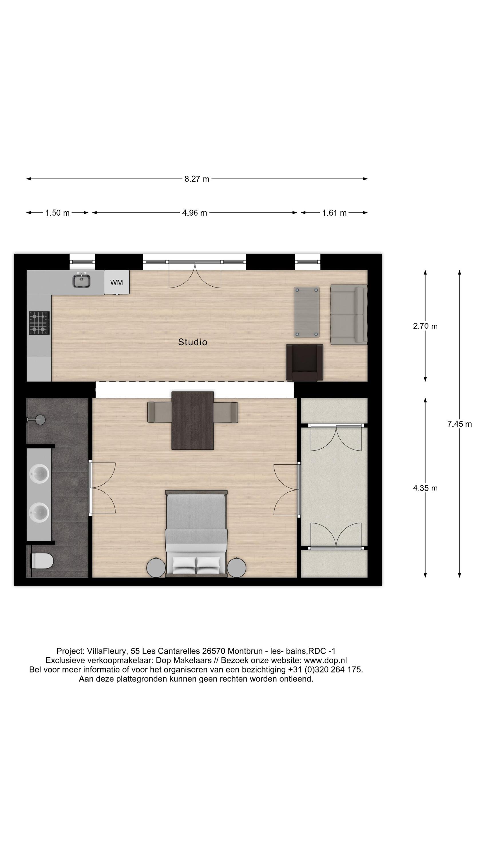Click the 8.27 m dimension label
pos(196,179)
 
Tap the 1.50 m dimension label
pos(57,213)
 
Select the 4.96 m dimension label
pos(194,213)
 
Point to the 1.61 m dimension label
pos(334,213)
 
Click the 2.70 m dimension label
pos(425,326)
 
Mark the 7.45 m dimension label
pos(459,424)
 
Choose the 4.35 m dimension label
pos(425,488)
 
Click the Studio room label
pos(193,342)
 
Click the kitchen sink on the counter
pos(82,280)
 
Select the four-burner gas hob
pos(39,323)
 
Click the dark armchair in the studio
pos(305,362)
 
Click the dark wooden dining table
pos(193,421)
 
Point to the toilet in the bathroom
pos(42,561)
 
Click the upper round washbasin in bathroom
pos(39,474)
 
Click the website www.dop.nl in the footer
pos(325,660)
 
